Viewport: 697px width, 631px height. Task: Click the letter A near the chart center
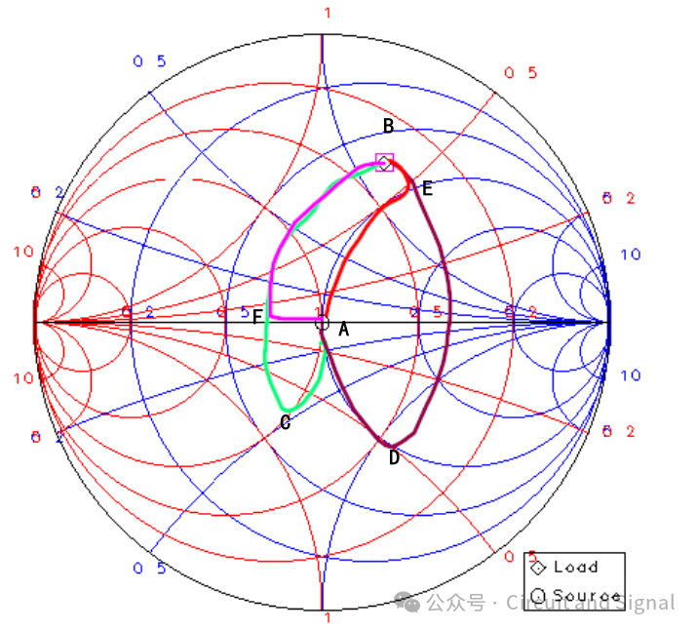pyautogui.click(x=342, y=331)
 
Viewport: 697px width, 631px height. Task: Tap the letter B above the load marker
pyautogui.click(x=388, y=127)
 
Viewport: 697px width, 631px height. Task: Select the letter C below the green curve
pyautogui.click(x=285, y=422)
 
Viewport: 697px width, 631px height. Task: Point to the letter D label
pyautogui.click(x=394, y=457)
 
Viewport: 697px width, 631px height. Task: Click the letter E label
pyautogui.click(x=426, y=189)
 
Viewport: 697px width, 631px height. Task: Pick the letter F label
pyautogui.click(x=257, y=317)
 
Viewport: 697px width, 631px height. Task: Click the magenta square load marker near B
pyautogui.click(x=385, y=163)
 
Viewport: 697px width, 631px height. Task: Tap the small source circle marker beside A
pyautogui.click(x=324, y=323)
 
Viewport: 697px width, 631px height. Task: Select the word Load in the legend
pyautogui.click(x=575, y=567)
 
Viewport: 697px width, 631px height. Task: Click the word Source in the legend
pyautogui.click(x=587, y=596)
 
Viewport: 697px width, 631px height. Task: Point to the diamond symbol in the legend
pyautogui.click(x=536, y=567)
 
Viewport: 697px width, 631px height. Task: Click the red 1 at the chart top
pyautogui.click(x=327, y=13)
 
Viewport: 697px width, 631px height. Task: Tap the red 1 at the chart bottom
pyautogui.click(x=327, y=618)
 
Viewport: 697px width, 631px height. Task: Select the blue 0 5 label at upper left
pyautogui.click(x=149, y=61)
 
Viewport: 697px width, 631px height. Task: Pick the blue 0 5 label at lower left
pyautogui.click(x=149, y=569)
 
